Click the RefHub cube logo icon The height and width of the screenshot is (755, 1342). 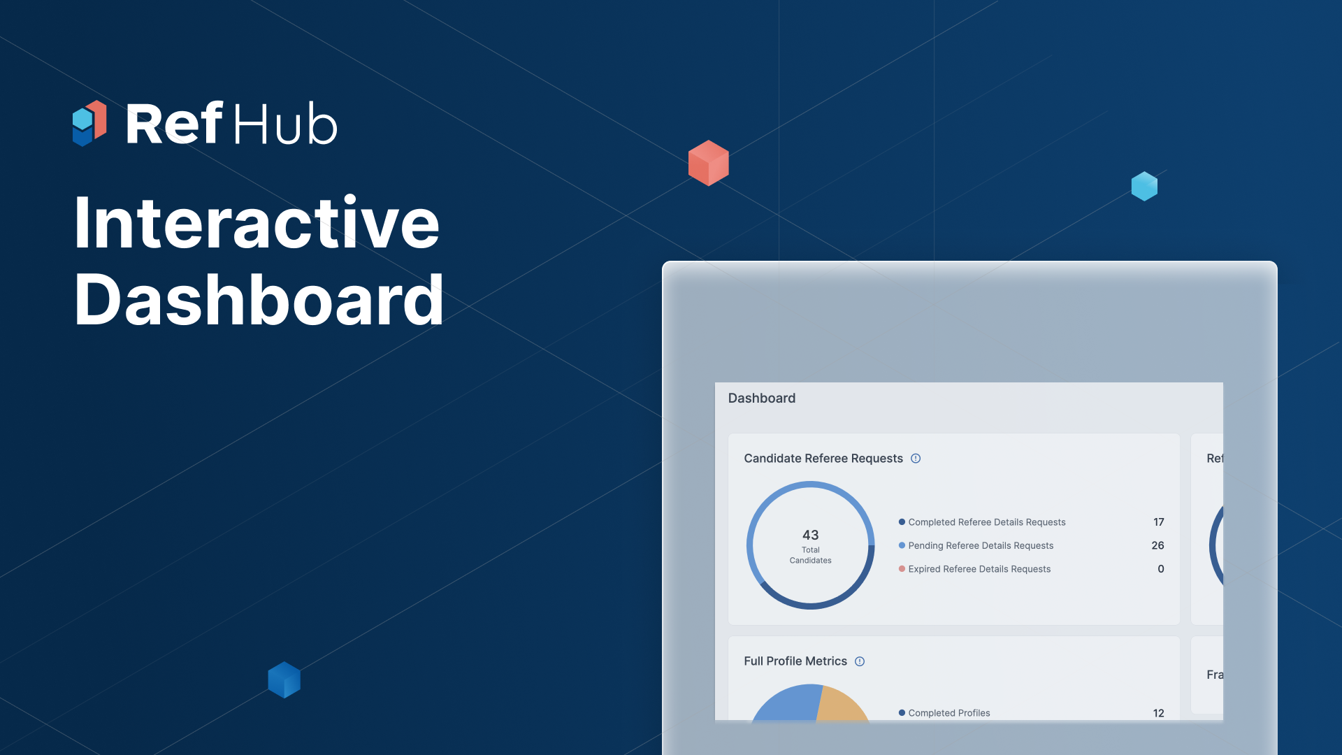(89, 123)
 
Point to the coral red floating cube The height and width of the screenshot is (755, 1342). (708, 163)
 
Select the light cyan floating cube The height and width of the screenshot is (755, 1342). (1144, 186)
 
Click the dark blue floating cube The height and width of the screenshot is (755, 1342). (284, 679)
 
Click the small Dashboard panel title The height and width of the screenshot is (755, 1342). (761, 398)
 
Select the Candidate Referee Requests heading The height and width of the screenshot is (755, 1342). (823, 458)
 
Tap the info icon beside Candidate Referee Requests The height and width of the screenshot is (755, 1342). (916, 458)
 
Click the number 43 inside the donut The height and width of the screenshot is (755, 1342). (810, 535)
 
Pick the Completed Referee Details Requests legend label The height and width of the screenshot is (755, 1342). (986, 522)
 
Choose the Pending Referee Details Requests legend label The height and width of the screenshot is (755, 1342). (980, 545)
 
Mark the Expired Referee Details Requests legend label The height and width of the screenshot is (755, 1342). (979, 569)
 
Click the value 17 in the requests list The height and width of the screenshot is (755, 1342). (1158, 522)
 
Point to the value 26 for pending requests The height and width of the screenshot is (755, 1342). (1157, 545)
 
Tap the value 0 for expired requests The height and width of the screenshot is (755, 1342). (1160, 569)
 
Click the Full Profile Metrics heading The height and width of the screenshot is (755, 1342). (795, 661)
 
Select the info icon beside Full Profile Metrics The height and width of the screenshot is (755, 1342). (860, 661)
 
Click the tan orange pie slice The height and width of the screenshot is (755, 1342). (842, 705)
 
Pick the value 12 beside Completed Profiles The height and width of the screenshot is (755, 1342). (1158, 713)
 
